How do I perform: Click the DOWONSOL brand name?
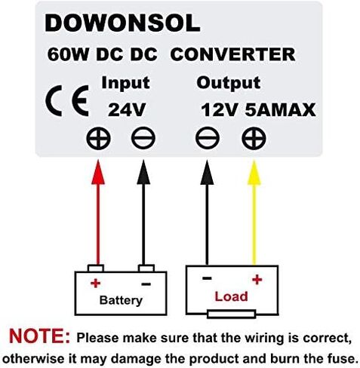122,23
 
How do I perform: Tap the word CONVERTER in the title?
232,54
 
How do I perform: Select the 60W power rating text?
68,54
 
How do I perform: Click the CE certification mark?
67,100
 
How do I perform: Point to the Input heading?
125,83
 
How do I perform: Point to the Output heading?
229,83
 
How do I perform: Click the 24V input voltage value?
127,110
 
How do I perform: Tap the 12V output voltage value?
220,110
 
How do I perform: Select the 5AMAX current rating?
280,110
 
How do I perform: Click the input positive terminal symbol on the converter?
98,139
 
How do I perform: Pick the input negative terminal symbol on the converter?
143,139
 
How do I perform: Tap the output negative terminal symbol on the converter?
208,139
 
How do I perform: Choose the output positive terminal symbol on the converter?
254,139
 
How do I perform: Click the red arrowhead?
98,173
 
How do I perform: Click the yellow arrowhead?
254,173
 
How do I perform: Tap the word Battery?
121,300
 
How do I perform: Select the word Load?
231,296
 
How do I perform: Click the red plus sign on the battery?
96,284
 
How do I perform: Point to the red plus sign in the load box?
257,280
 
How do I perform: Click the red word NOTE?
40,336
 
